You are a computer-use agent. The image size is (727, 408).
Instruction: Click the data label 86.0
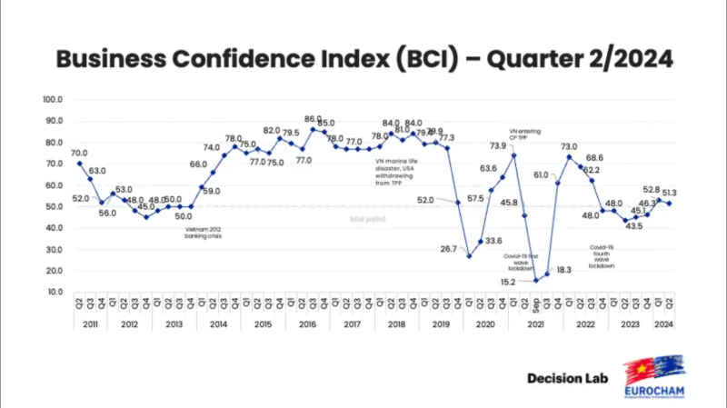coord(313,119)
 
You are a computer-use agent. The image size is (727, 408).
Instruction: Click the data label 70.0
coord(79,154)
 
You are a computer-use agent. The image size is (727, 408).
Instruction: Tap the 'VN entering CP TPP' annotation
coord(525,134)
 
